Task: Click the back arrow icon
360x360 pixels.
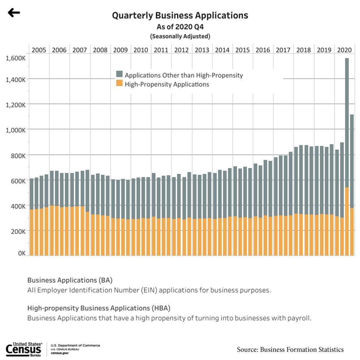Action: click(x=14, y=13)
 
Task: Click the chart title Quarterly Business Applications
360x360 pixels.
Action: click(x=180, y=15)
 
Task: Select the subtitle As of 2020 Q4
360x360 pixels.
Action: click(x=180, y=27)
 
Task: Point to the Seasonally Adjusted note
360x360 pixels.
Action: click(x=180, y=36)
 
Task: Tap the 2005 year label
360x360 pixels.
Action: click(x=39, y=50)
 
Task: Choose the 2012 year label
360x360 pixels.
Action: click(x=181, y=50)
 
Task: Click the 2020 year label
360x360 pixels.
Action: click(x=344, y=50)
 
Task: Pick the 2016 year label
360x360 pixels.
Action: click(x=263, y=50)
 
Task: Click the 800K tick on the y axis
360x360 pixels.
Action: click(x=18, y=155)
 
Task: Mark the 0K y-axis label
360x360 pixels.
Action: click(x=21, y=253)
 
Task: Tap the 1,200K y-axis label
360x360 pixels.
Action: click(x=15, y=105)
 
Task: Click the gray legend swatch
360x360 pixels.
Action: click(x=119, y=74)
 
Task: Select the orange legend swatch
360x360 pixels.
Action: click(x=119, y=83)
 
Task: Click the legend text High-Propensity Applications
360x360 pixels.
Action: click(x=167, y=84)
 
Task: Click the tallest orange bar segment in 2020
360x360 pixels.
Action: click(x=347, y=221)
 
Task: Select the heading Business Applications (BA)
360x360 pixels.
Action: click(x=70, y=280)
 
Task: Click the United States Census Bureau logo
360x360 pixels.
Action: click(x=24, y=349)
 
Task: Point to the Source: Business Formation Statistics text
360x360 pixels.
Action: click(x=290, y=349)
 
